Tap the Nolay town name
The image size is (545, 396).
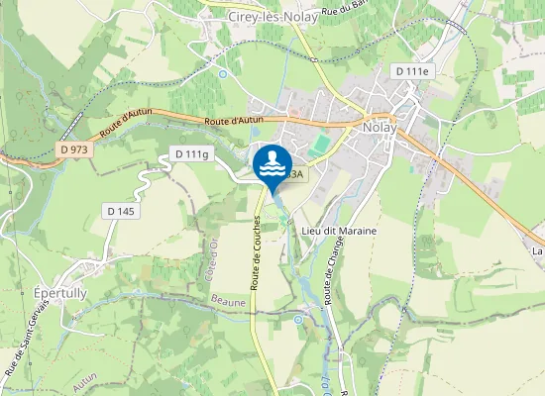click(380, 128)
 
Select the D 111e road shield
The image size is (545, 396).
click(413, 71)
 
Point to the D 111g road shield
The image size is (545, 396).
click(192, 153)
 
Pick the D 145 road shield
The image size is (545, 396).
click(123, 211)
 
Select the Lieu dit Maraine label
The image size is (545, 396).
click(338, 230)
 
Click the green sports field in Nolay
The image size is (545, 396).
click(318, 145)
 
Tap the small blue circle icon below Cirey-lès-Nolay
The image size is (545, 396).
click(223, 73)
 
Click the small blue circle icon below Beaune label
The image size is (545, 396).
click(298, 320)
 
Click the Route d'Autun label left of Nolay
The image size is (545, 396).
click(232, 121)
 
